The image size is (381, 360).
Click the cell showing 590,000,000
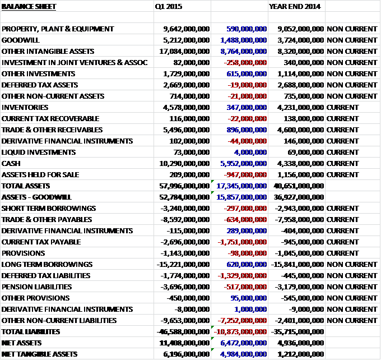tap(247, 29)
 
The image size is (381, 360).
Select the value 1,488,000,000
tap(244, 40)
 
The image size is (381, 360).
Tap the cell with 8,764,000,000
tap(244, 51)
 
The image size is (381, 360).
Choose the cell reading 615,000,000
tap(247, 73)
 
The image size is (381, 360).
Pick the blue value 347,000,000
tap(247, 107)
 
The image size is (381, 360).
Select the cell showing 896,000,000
tap(247, 130)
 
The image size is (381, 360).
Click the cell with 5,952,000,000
tap(244, 163)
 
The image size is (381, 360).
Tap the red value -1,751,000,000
tap(244, 242)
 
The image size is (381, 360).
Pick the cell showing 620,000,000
tap(247, 264)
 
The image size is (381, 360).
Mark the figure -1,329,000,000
tap(244, 275)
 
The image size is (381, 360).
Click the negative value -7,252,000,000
tap(244, 320)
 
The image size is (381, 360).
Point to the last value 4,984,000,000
tap(244, 354)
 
